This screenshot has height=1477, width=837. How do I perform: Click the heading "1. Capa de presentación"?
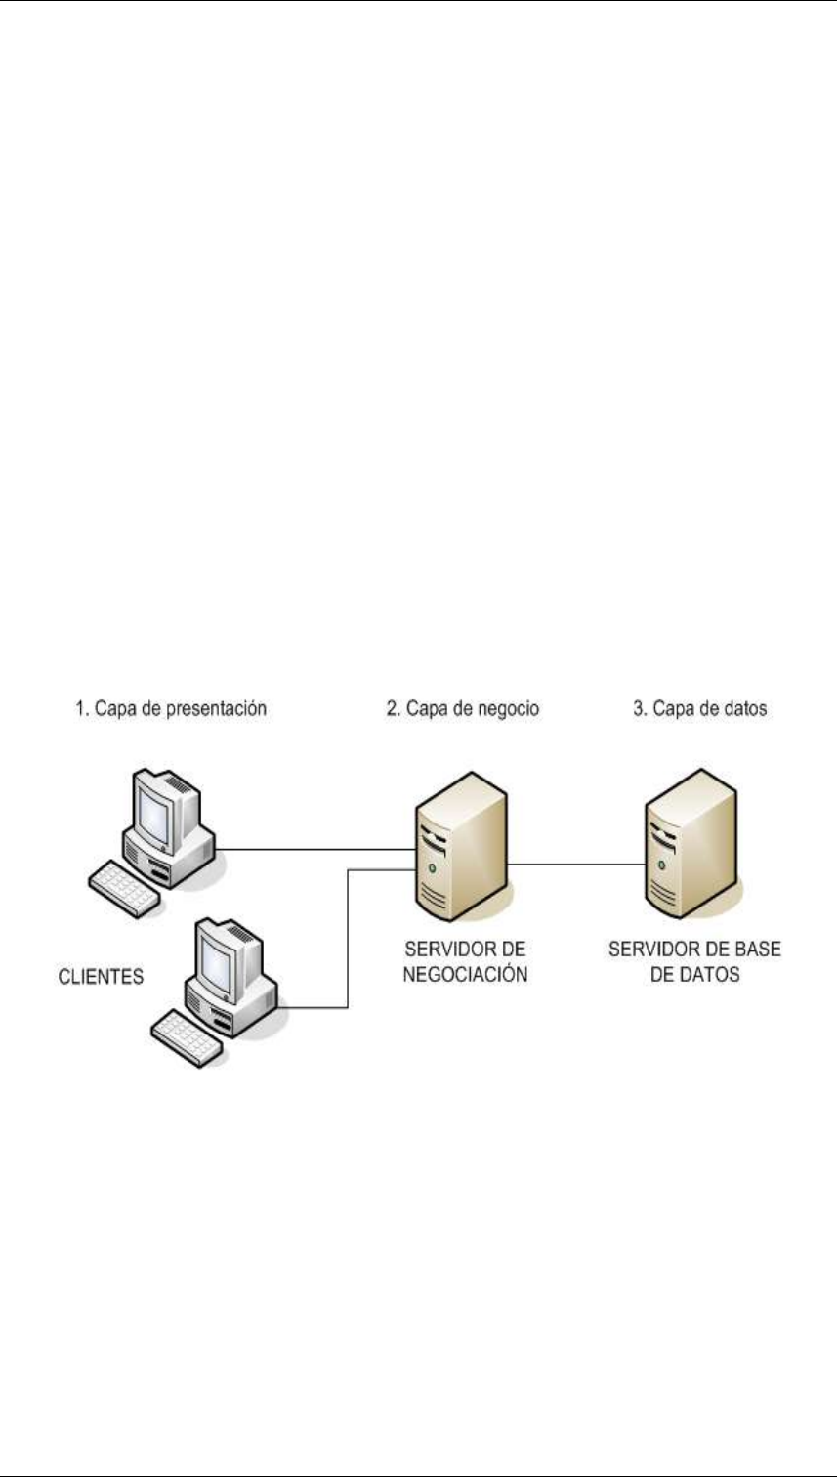click(170, 710)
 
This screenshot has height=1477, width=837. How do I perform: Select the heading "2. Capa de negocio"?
click(461, 710)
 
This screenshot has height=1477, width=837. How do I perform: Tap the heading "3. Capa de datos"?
click(698, 710)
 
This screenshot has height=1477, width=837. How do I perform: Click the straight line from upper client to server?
click(313, 850)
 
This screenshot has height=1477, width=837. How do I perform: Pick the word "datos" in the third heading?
click(745, 710)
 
